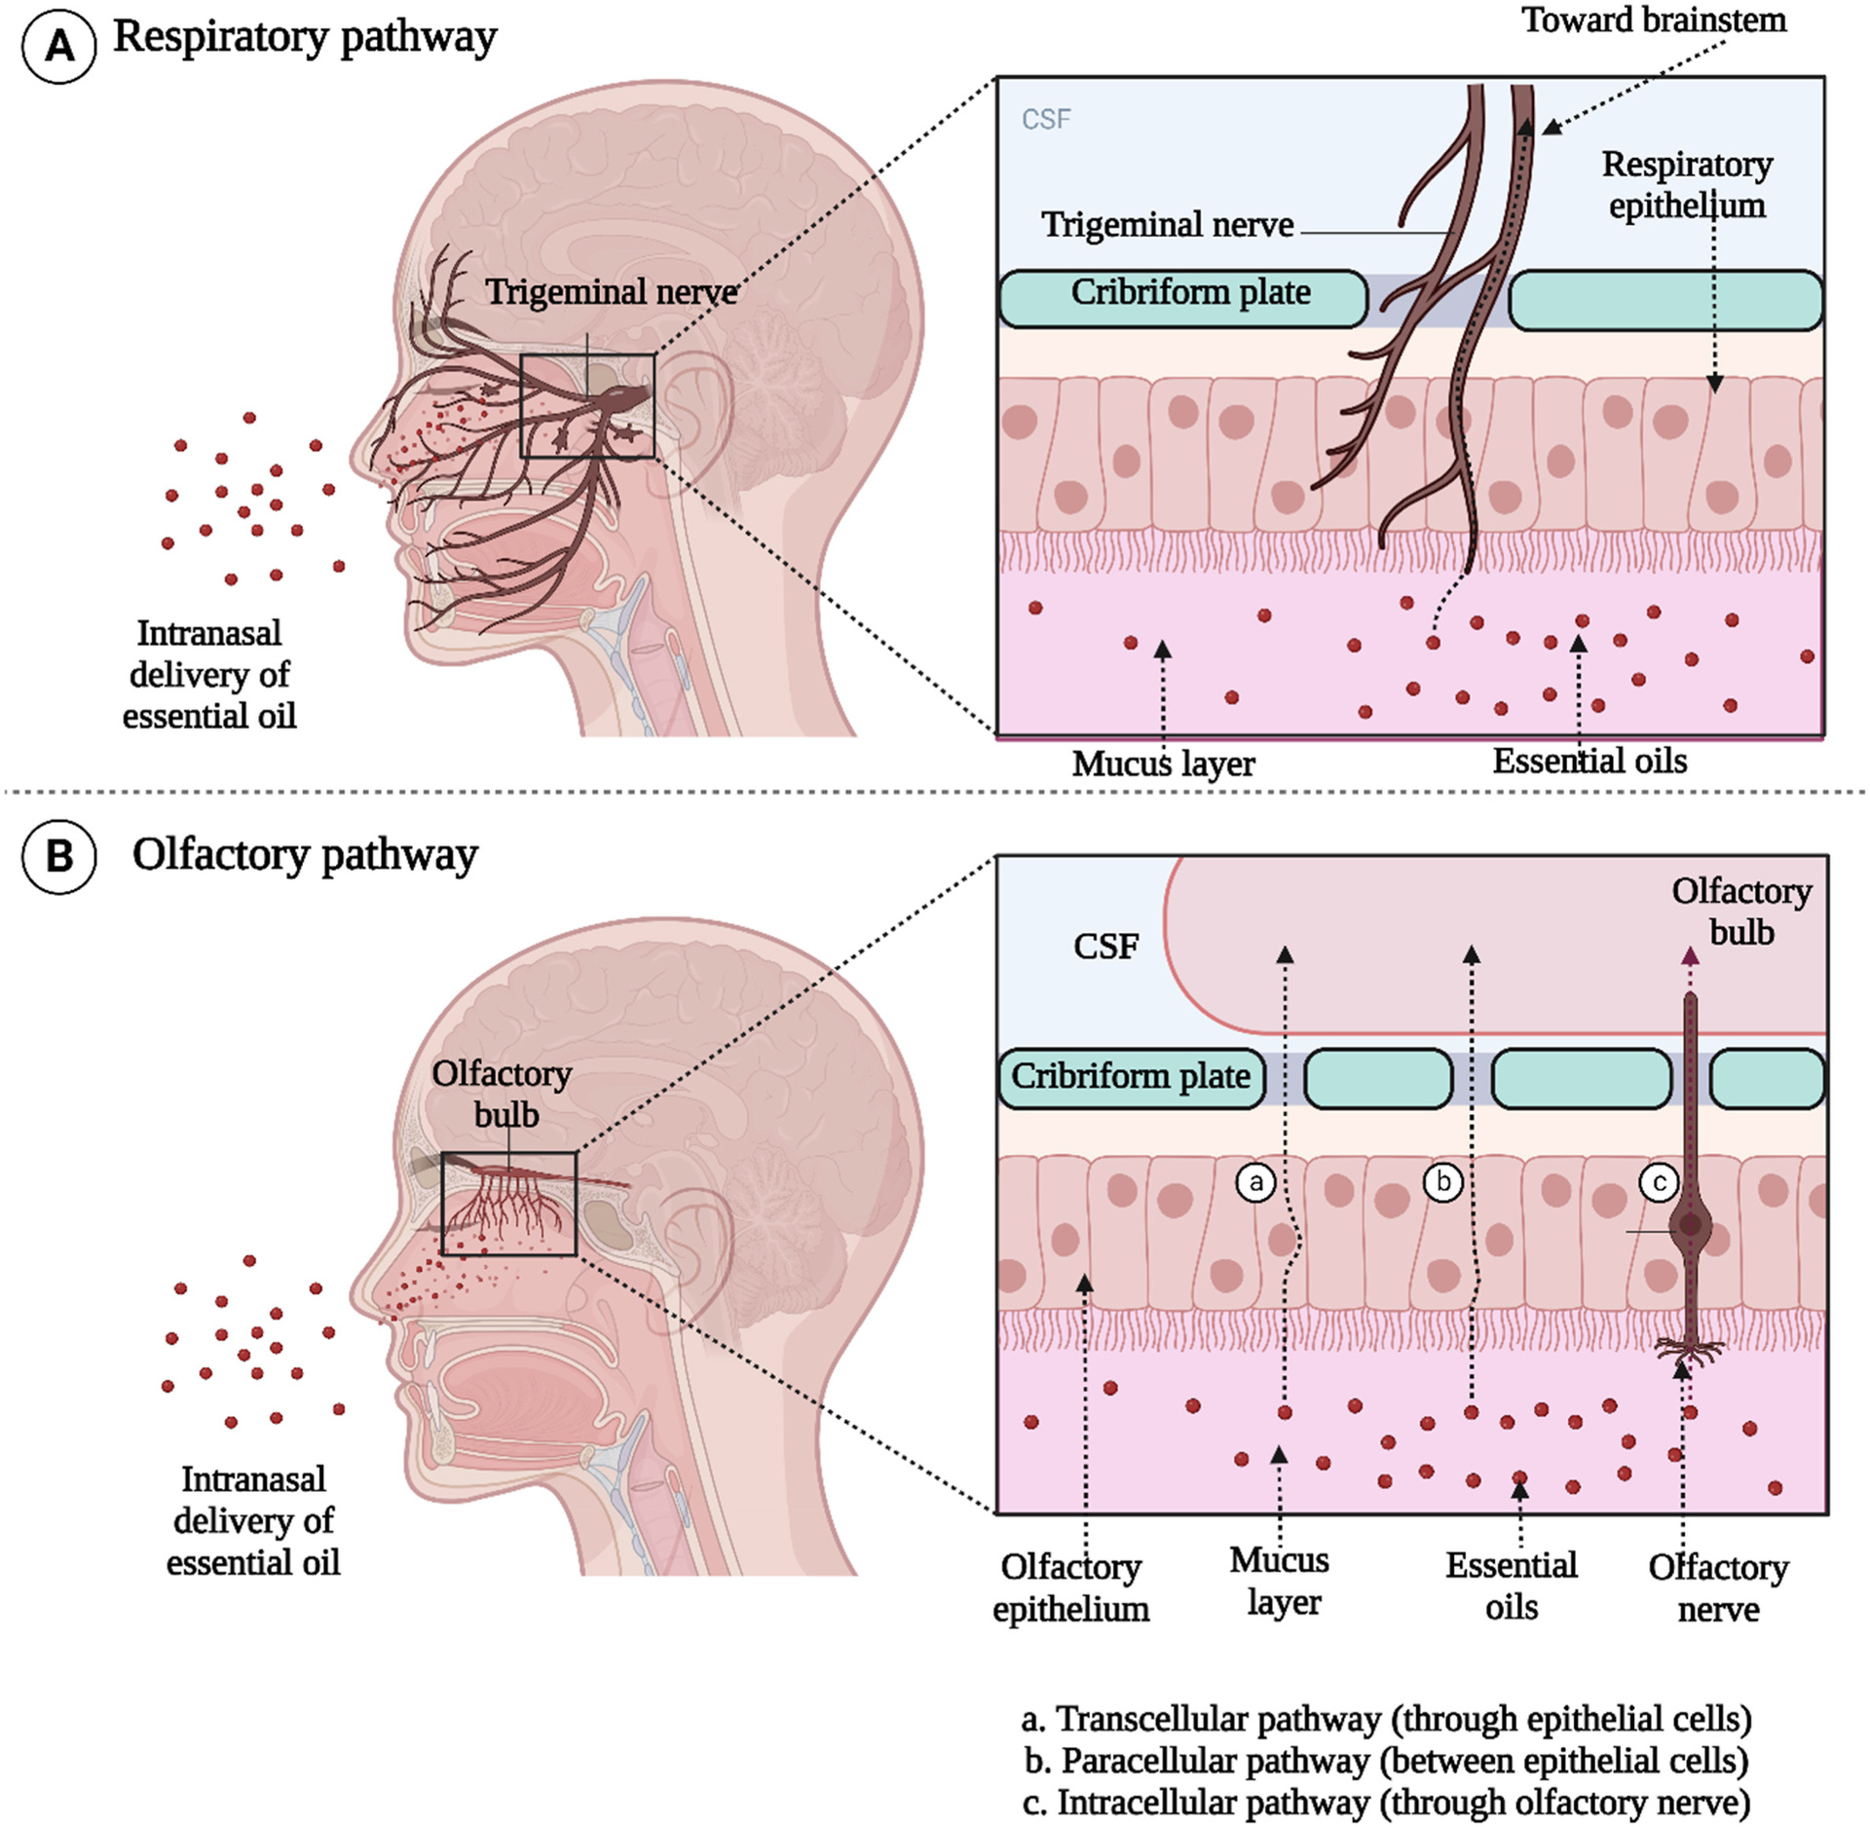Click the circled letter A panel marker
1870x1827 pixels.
pos(59,46)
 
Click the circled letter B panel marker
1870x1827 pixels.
pos(59,856)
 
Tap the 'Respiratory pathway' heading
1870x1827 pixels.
pos(305,37)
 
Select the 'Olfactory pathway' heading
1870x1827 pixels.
pos(305,855)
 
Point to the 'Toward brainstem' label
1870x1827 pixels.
pos(1654,19)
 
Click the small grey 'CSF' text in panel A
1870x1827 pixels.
pos(1046,119)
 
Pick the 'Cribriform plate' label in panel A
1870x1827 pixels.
pos(1190,292)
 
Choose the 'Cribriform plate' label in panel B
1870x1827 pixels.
pos(1130,1076)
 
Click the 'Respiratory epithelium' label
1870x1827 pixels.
pos(1687,185)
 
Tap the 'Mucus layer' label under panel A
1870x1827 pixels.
pos(1163,764)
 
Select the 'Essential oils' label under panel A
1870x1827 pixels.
pos(1589,761)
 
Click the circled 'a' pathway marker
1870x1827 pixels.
pos(1256,1182)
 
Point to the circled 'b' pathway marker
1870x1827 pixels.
pos(1443,1182)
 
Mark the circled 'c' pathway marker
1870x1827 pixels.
pos(1660,1183)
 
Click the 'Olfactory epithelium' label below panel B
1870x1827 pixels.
pos(1071,1587)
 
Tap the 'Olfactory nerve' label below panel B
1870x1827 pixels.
pos(1718,1587)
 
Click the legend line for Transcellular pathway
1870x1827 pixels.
pos(1386,1719)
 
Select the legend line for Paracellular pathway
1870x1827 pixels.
pos(1386,1761)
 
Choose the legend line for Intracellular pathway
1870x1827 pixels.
pos(1386,1803)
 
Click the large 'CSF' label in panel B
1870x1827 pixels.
pos(1105,946)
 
